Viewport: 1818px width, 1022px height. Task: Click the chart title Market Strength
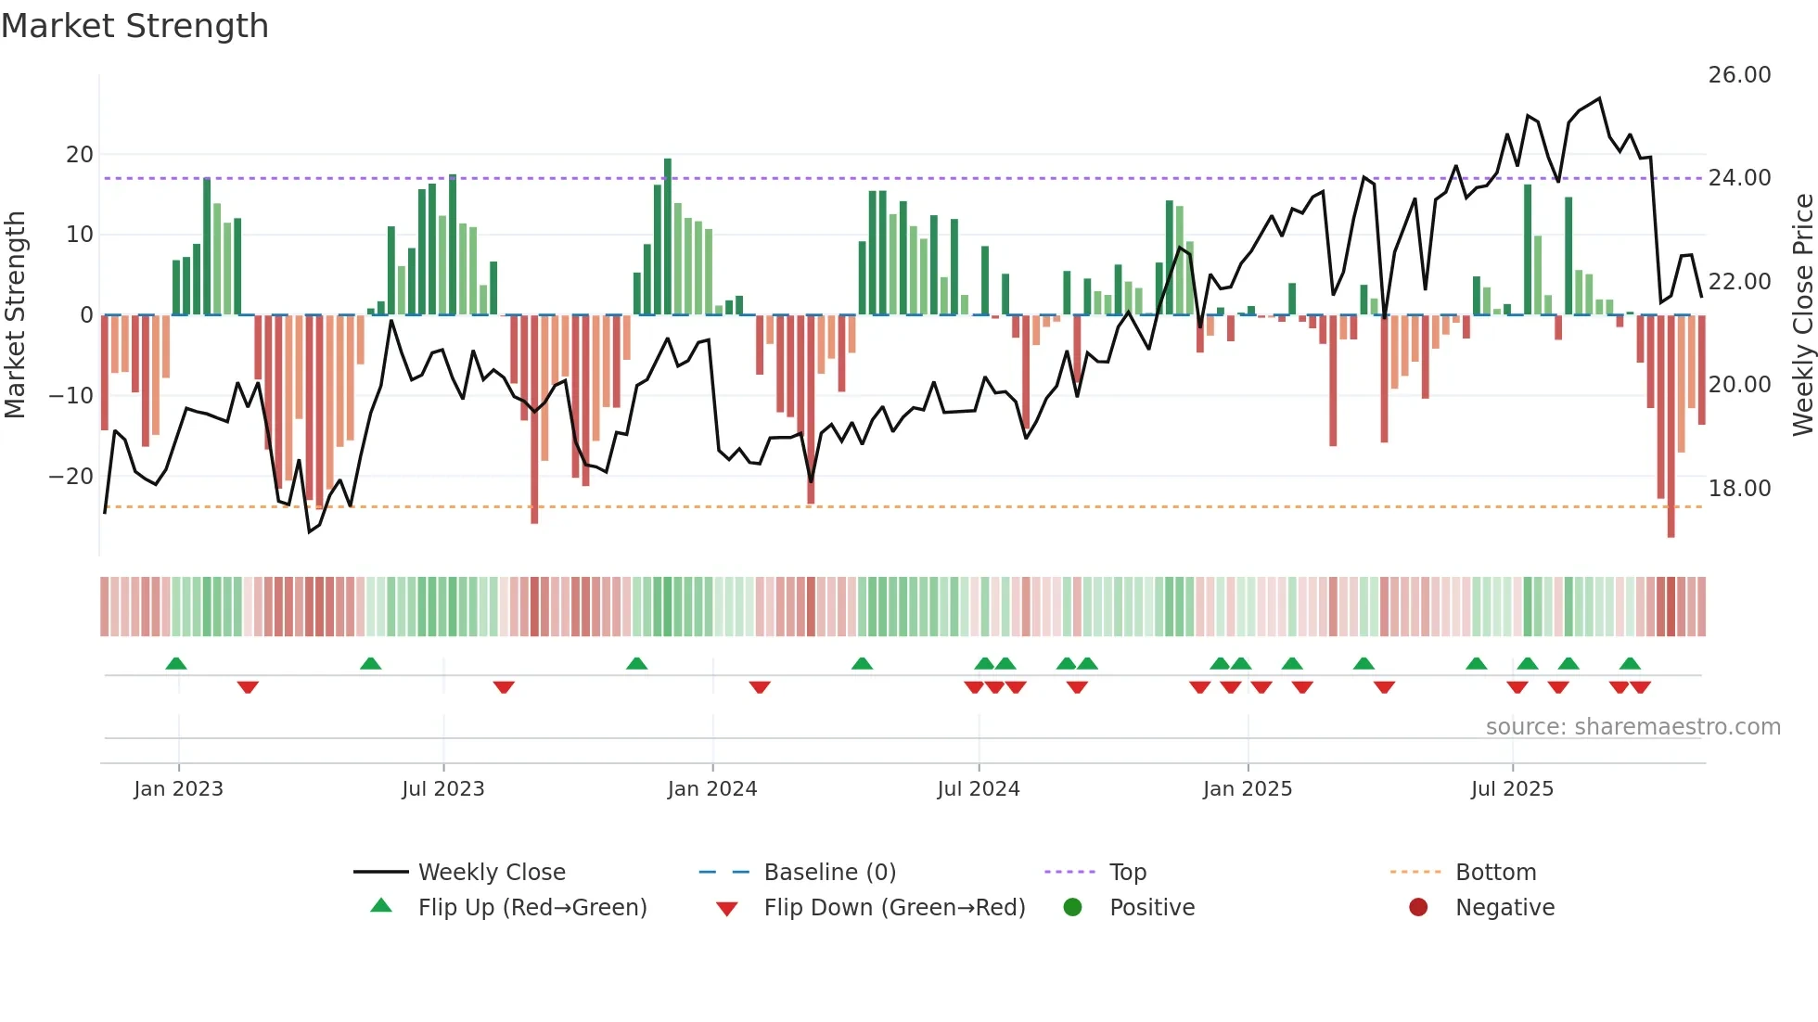[134, 26]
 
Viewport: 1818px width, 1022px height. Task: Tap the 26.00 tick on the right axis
[1739, 75]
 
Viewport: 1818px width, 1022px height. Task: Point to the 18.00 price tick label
[1739, 489]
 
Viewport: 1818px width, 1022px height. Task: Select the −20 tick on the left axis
[70, 477]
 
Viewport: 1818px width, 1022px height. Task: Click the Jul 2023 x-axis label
[442, 789]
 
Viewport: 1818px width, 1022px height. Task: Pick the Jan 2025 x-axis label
[1247, 789]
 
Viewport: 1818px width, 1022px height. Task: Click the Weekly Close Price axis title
[1802, 315]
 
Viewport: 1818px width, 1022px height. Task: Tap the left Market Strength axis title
[15, 315]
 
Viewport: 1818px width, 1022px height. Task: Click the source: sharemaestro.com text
[1632, 727]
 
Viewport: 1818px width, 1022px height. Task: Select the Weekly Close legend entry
[491, 873]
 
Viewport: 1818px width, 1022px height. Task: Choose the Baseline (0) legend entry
[829, 873]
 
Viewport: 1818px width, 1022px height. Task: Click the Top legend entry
[1127, 873]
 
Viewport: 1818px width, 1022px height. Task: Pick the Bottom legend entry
[1495, 873]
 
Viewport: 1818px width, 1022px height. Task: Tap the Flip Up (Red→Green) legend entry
[531, 908]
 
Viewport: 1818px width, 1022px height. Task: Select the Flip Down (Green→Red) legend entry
[894, 908]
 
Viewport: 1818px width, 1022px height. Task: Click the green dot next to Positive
[1072, 908]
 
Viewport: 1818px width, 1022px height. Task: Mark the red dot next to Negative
[1418, 908]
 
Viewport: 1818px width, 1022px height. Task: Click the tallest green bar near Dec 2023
[668, 236]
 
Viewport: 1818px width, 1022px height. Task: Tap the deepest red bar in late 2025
[1671, 427]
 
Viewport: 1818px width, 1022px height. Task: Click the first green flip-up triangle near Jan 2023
[176, 663]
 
